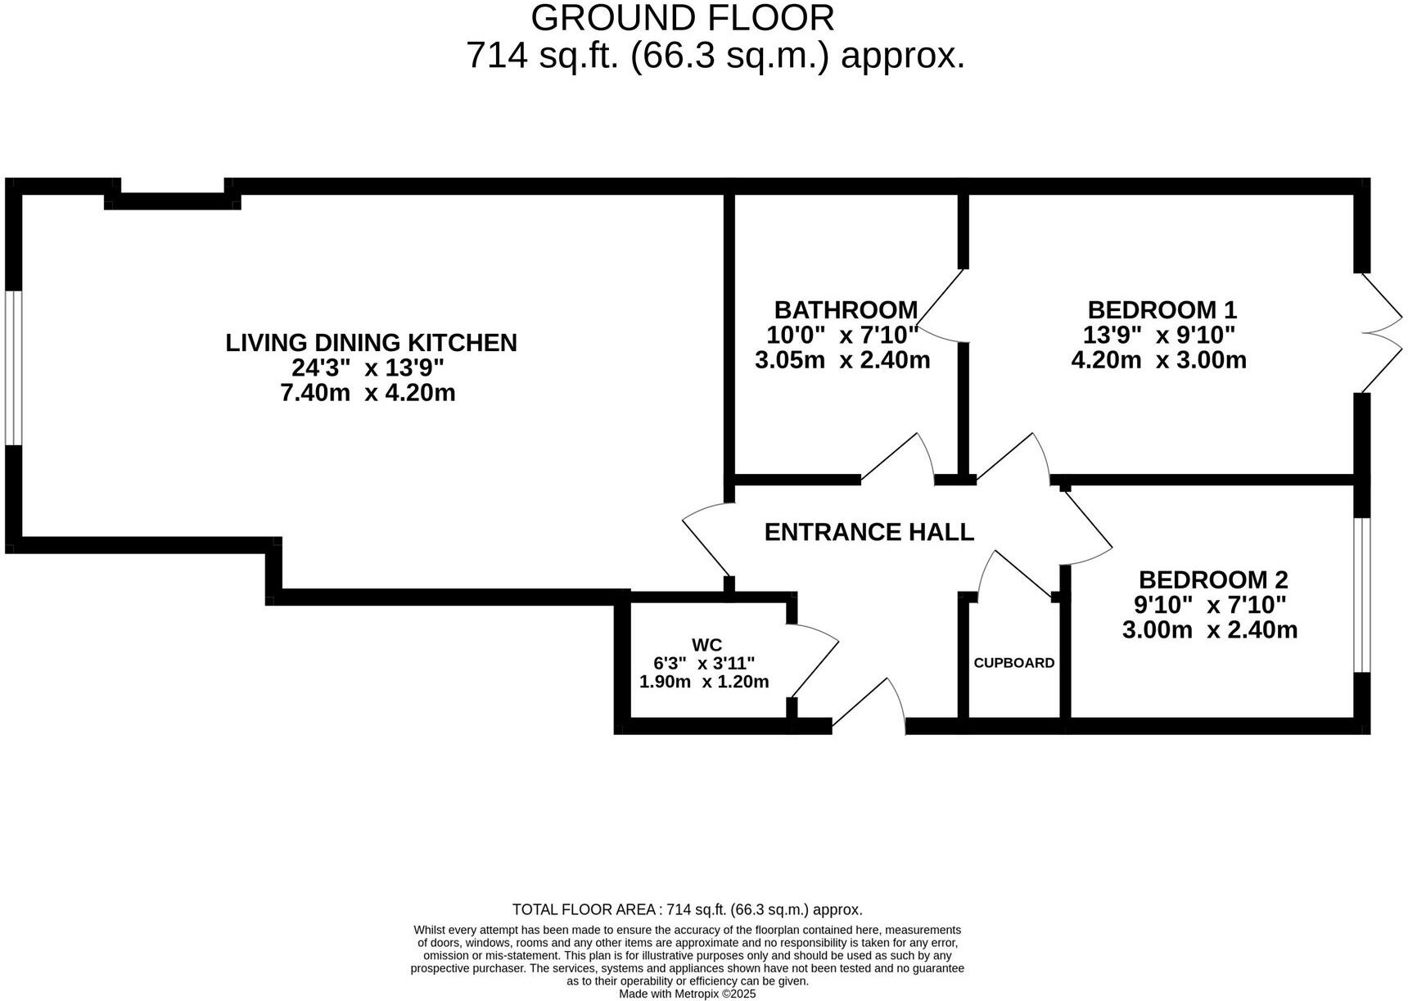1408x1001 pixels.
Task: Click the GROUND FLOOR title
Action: point(683,18)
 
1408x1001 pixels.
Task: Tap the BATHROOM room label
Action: point(846,310)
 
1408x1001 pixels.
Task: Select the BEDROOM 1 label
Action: point(1162,310)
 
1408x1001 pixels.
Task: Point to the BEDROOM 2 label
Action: point(1212,580)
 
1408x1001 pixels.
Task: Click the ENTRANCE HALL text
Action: point(869,532)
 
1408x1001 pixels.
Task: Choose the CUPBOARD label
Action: point(1013,663)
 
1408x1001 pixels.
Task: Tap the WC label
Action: point(706,645)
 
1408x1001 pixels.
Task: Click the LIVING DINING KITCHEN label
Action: point(371,342)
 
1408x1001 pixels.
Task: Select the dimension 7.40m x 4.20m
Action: point(368,393)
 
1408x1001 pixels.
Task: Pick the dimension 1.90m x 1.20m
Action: point(703,682)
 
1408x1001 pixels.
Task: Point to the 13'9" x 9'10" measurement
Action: point(1158,335)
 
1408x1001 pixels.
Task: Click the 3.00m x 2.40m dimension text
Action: point(1209,630)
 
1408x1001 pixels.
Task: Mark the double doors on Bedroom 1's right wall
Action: point(1381,332)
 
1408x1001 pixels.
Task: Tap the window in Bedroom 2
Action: point(1361,595)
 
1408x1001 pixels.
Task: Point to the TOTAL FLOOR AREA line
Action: point(687,909)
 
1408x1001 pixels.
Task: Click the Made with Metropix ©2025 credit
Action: point(687,994)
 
